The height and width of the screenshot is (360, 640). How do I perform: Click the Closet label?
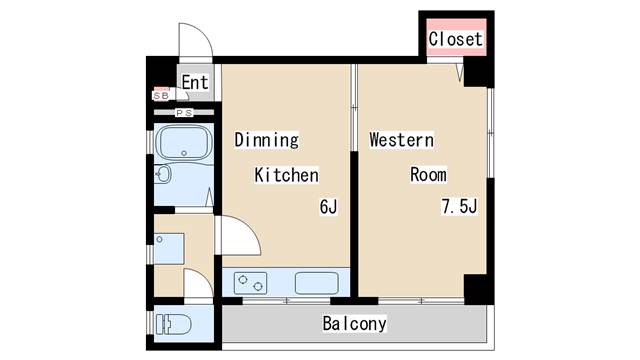pos(455,39)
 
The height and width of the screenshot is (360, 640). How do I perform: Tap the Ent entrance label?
pos(195,82)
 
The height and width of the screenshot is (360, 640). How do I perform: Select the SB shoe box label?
pos(161,96)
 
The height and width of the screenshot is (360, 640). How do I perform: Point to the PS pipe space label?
pos(184,113)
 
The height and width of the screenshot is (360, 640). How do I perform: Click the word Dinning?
pos(266,140)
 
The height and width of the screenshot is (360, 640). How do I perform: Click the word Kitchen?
pos(287,175)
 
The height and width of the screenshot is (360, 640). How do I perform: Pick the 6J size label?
pos(329,207)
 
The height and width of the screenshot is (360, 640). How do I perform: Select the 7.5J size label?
pos(459,206)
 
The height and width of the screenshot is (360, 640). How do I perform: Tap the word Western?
pos(401,140)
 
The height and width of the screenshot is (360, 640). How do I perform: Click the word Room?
pos(428,175)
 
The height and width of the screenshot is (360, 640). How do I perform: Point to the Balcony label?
pos(354,324)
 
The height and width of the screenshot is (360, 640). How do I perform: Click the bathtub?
pos(184,143)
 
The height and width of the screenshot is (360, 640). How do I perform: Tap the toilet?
pos(173,324)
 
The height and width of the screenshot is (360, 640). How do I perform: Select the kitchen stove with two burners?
pos(250,283)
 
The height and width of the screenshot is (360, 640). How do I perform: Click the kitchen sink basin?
pos(317,283)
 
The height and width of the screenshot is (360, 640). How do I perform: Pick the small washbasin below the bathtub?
pos(163,175)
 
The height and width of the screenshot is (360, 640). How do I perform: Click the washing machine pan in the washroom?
pos(169,249)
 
